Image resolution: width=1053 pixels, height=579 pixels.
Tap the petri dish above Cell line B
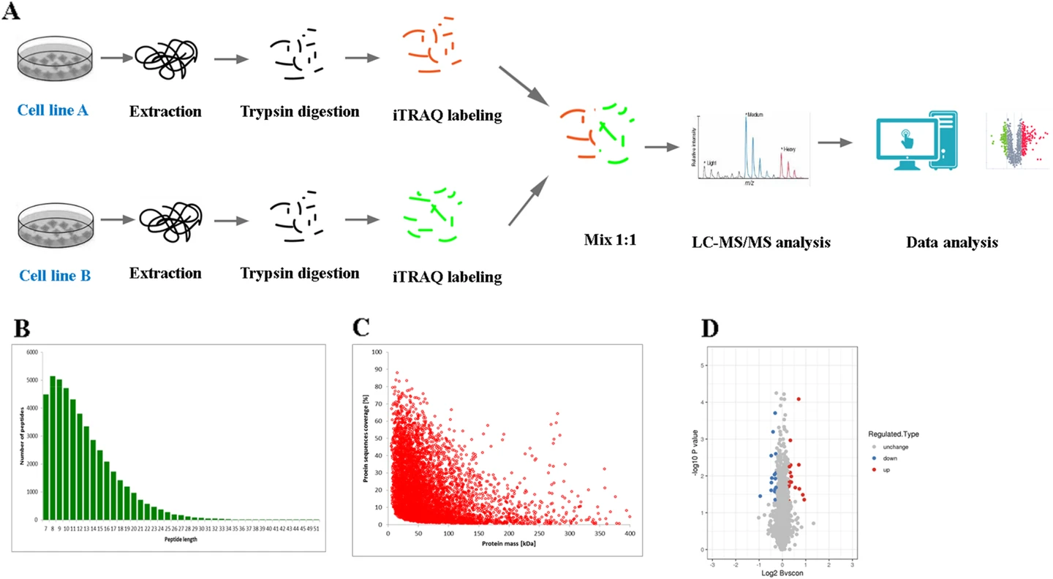pyautogui.click(x=55, y=219)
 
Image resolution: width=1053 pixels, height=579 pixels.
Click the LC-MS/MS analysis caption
pyautogui.click(x=760, y=242)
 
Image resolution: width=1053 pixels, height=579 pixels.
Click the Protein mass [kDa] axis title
pyautogui.click(x=495, y=542)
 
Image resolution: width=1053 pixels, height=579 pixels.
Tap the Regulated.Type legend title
pyautogui.click(x=893, y=434)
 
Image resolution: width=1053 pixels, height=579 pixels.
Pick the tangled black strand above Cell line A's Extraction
pyautogui.click(x=166, y=56)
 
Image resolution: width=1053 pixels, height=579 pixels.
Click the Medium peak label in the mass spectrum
pyautogui.click(x=755, y=115)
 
